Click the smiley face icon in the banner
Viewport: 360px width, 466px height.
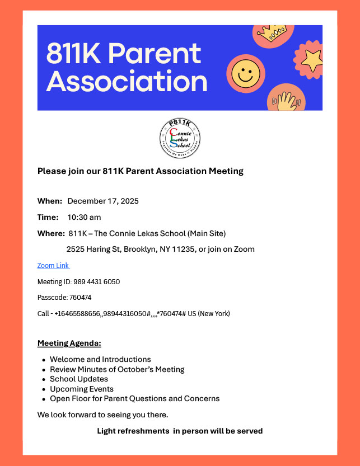(246, 73)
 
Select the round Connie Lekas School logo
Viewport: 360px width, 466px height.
(180, 138)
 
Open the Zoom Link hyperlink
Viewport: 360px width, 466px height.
(53, 265)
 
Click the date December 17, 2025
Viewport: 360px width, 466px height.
(103, 201)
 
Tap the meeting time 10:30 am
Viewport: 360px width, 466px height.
(84, 217)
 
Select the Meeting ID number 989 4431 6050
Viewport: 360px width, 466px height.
(96, 281)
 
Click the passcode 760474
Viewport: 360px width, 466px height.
(80, 298)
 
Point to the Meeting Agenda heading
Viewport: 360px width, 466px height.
(69, 343)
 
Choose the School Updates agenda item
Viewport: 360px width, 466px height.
(79, 379)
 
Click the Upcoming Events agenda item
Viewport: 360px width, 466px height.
(82, 389)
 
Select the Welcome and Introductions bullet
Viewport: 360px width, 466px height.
(100, 359)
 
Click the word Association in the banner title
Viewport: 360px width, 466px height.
(127, 81)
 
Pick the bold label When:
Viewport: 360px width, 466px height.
(50, 201)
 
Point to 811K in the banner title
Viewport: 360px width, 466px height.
(74, 54)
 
